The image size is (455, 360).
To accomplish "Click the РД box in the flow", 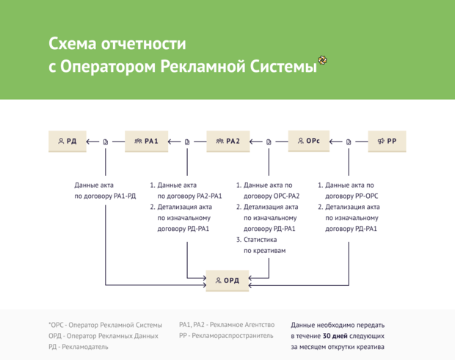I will pos(68,141).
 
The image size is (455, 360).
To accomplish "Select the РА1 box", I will pos(147,141).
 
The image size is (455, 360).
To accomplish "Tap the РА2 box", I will pos(228,141).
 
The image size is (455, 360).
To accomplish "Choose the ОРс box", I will pos(308,141).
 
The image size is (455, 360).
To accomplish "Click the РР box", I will pos(387,141).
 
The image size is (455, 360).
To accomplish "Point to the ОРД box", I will pos(227,280).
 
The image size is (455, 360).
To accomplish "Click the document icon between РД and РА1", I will pos(106,142).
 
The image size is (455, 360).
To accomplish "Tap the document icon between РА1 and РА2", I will pos(188,142).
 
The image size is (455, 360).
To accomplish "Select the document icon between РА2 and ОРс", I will pos(269,142).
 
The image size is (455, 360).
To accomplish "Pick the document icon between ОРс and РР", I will pos(349,142).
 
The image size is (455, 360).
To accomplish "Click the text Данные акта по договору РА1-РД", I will pos(105,191).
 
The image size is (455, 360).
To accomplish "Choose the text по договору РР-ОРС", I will pos(349,196).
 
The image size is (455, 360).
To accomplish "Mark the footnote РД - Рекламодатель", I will pos(79,347).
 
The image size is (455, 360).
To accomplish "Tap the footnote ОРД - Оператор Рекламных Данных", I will pos(103,336).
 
